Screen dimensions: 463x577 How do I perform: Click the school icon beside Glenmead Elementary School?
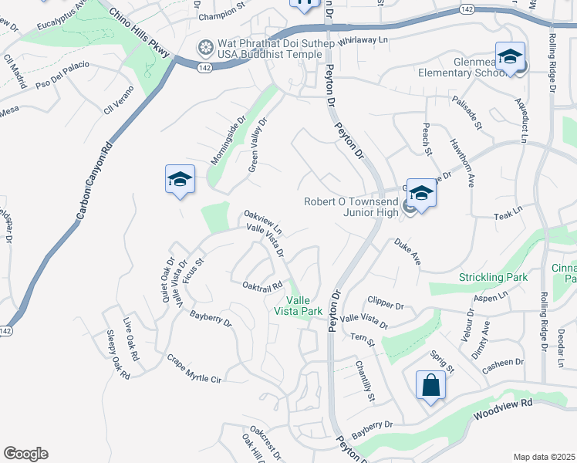(510, 57)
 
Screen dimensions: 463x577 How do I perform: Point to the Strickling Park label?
(492, 277)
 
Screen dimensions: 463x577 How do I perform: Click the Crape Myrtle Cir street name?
(194, 369)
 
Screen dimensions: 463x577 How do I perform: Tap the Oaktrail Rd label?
(263, 286)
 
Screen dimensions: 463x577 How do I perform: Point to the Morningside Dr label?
(228, 141)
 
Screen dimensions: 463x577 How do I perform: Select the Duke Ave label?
(407, 252)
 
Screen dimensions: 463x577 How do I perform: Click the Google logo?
(25, 454)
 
